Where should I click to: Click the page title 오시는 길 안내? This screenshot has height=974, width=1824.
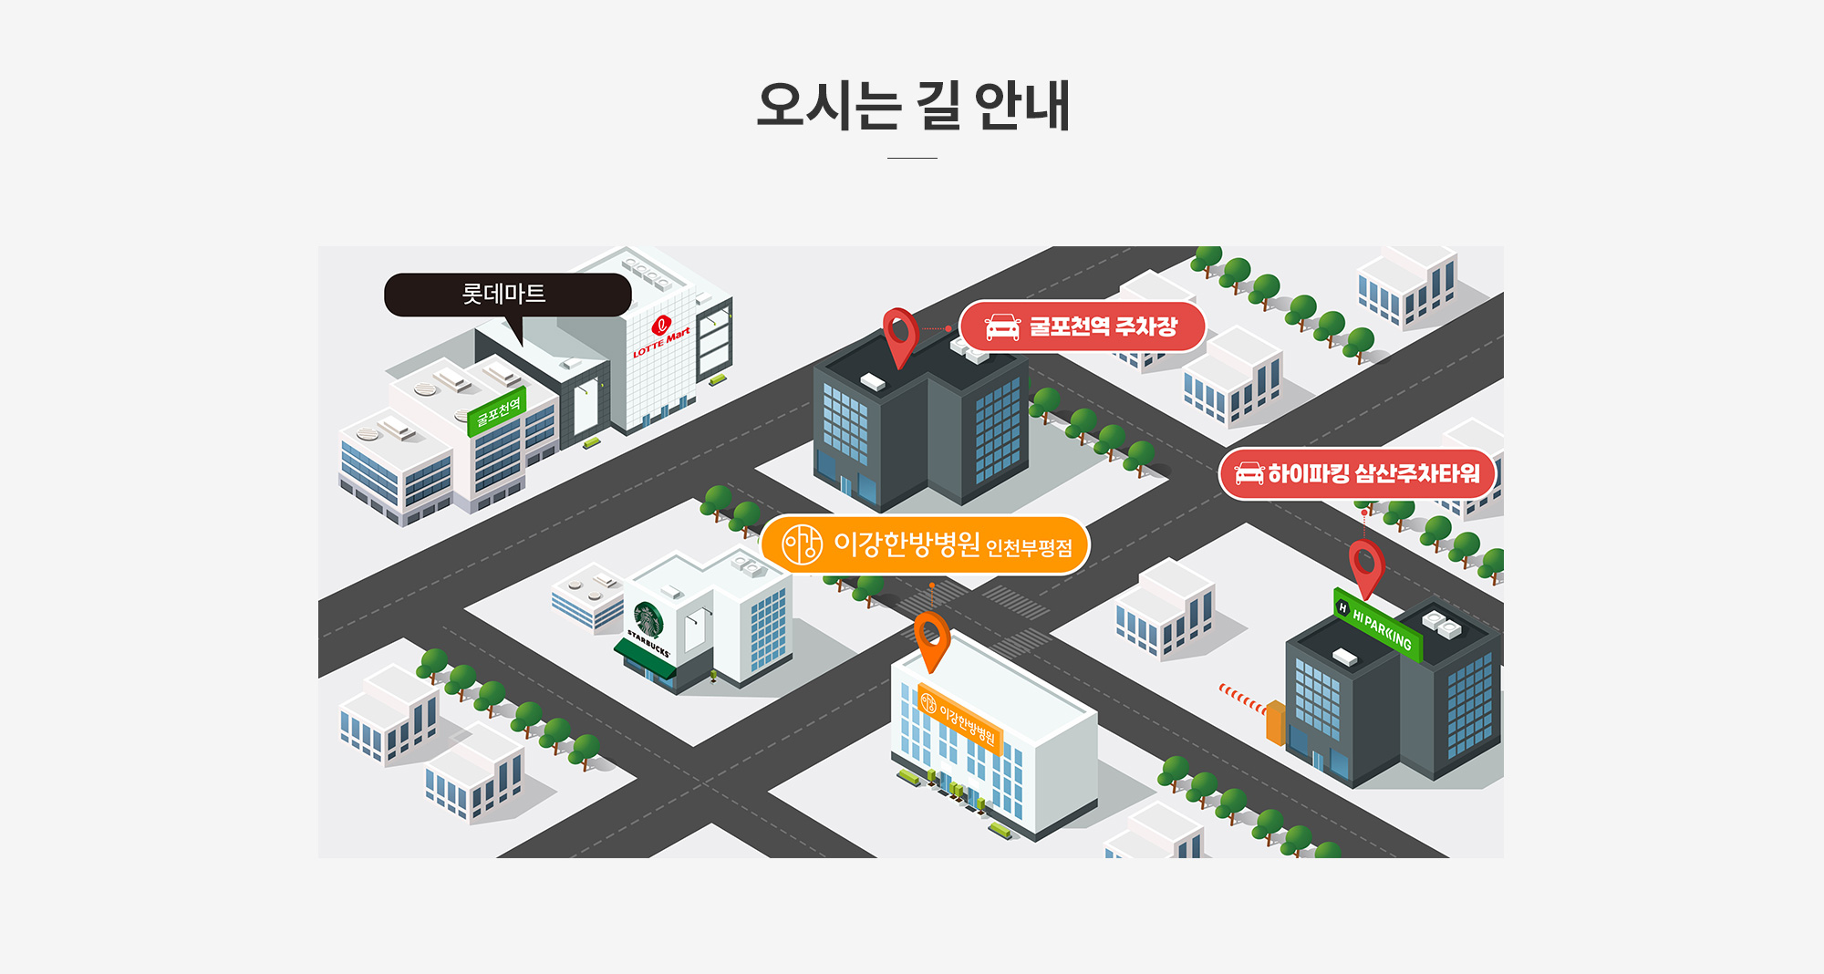[913, 106]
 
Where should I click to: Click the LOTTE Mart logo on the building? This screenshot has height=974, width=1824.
[661, 336]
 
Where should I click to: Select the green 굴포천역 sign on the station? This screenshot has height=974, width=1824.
[496, 411]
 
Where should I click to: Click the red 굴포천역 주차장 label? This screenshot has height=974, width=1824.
[1083, 326]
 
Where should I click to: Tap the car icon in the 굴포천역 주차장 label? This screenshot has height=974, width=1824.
[1002, 326]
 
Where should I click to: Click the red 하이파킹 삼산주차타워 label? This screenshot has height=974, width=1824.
[1357, 474]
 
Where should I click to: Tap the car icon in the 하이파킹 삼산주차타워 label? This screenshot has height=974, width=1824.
[1249, 473]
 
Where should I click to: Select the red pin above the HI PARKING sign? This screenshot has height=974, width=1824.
[1366, 568]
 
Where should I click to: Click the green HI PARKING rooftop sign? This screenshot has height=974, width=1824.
[1378, 625]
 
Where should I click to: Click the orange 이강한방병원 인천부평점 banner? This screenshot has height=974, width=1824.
[925, 544]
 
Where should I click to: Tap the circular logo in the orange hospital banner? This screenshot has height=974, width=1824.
[803, 544]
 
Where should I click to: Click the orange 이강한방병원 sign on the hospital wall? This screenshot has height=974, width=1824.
[959, 719]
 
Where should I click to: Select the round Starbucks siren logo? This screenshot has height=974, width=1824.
[648, 619]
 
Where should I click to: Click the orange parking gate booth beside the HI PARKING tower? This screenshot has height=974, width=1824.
[1275, 722]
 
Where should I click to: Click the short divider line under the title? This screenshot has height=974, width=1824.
[912, 158]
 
